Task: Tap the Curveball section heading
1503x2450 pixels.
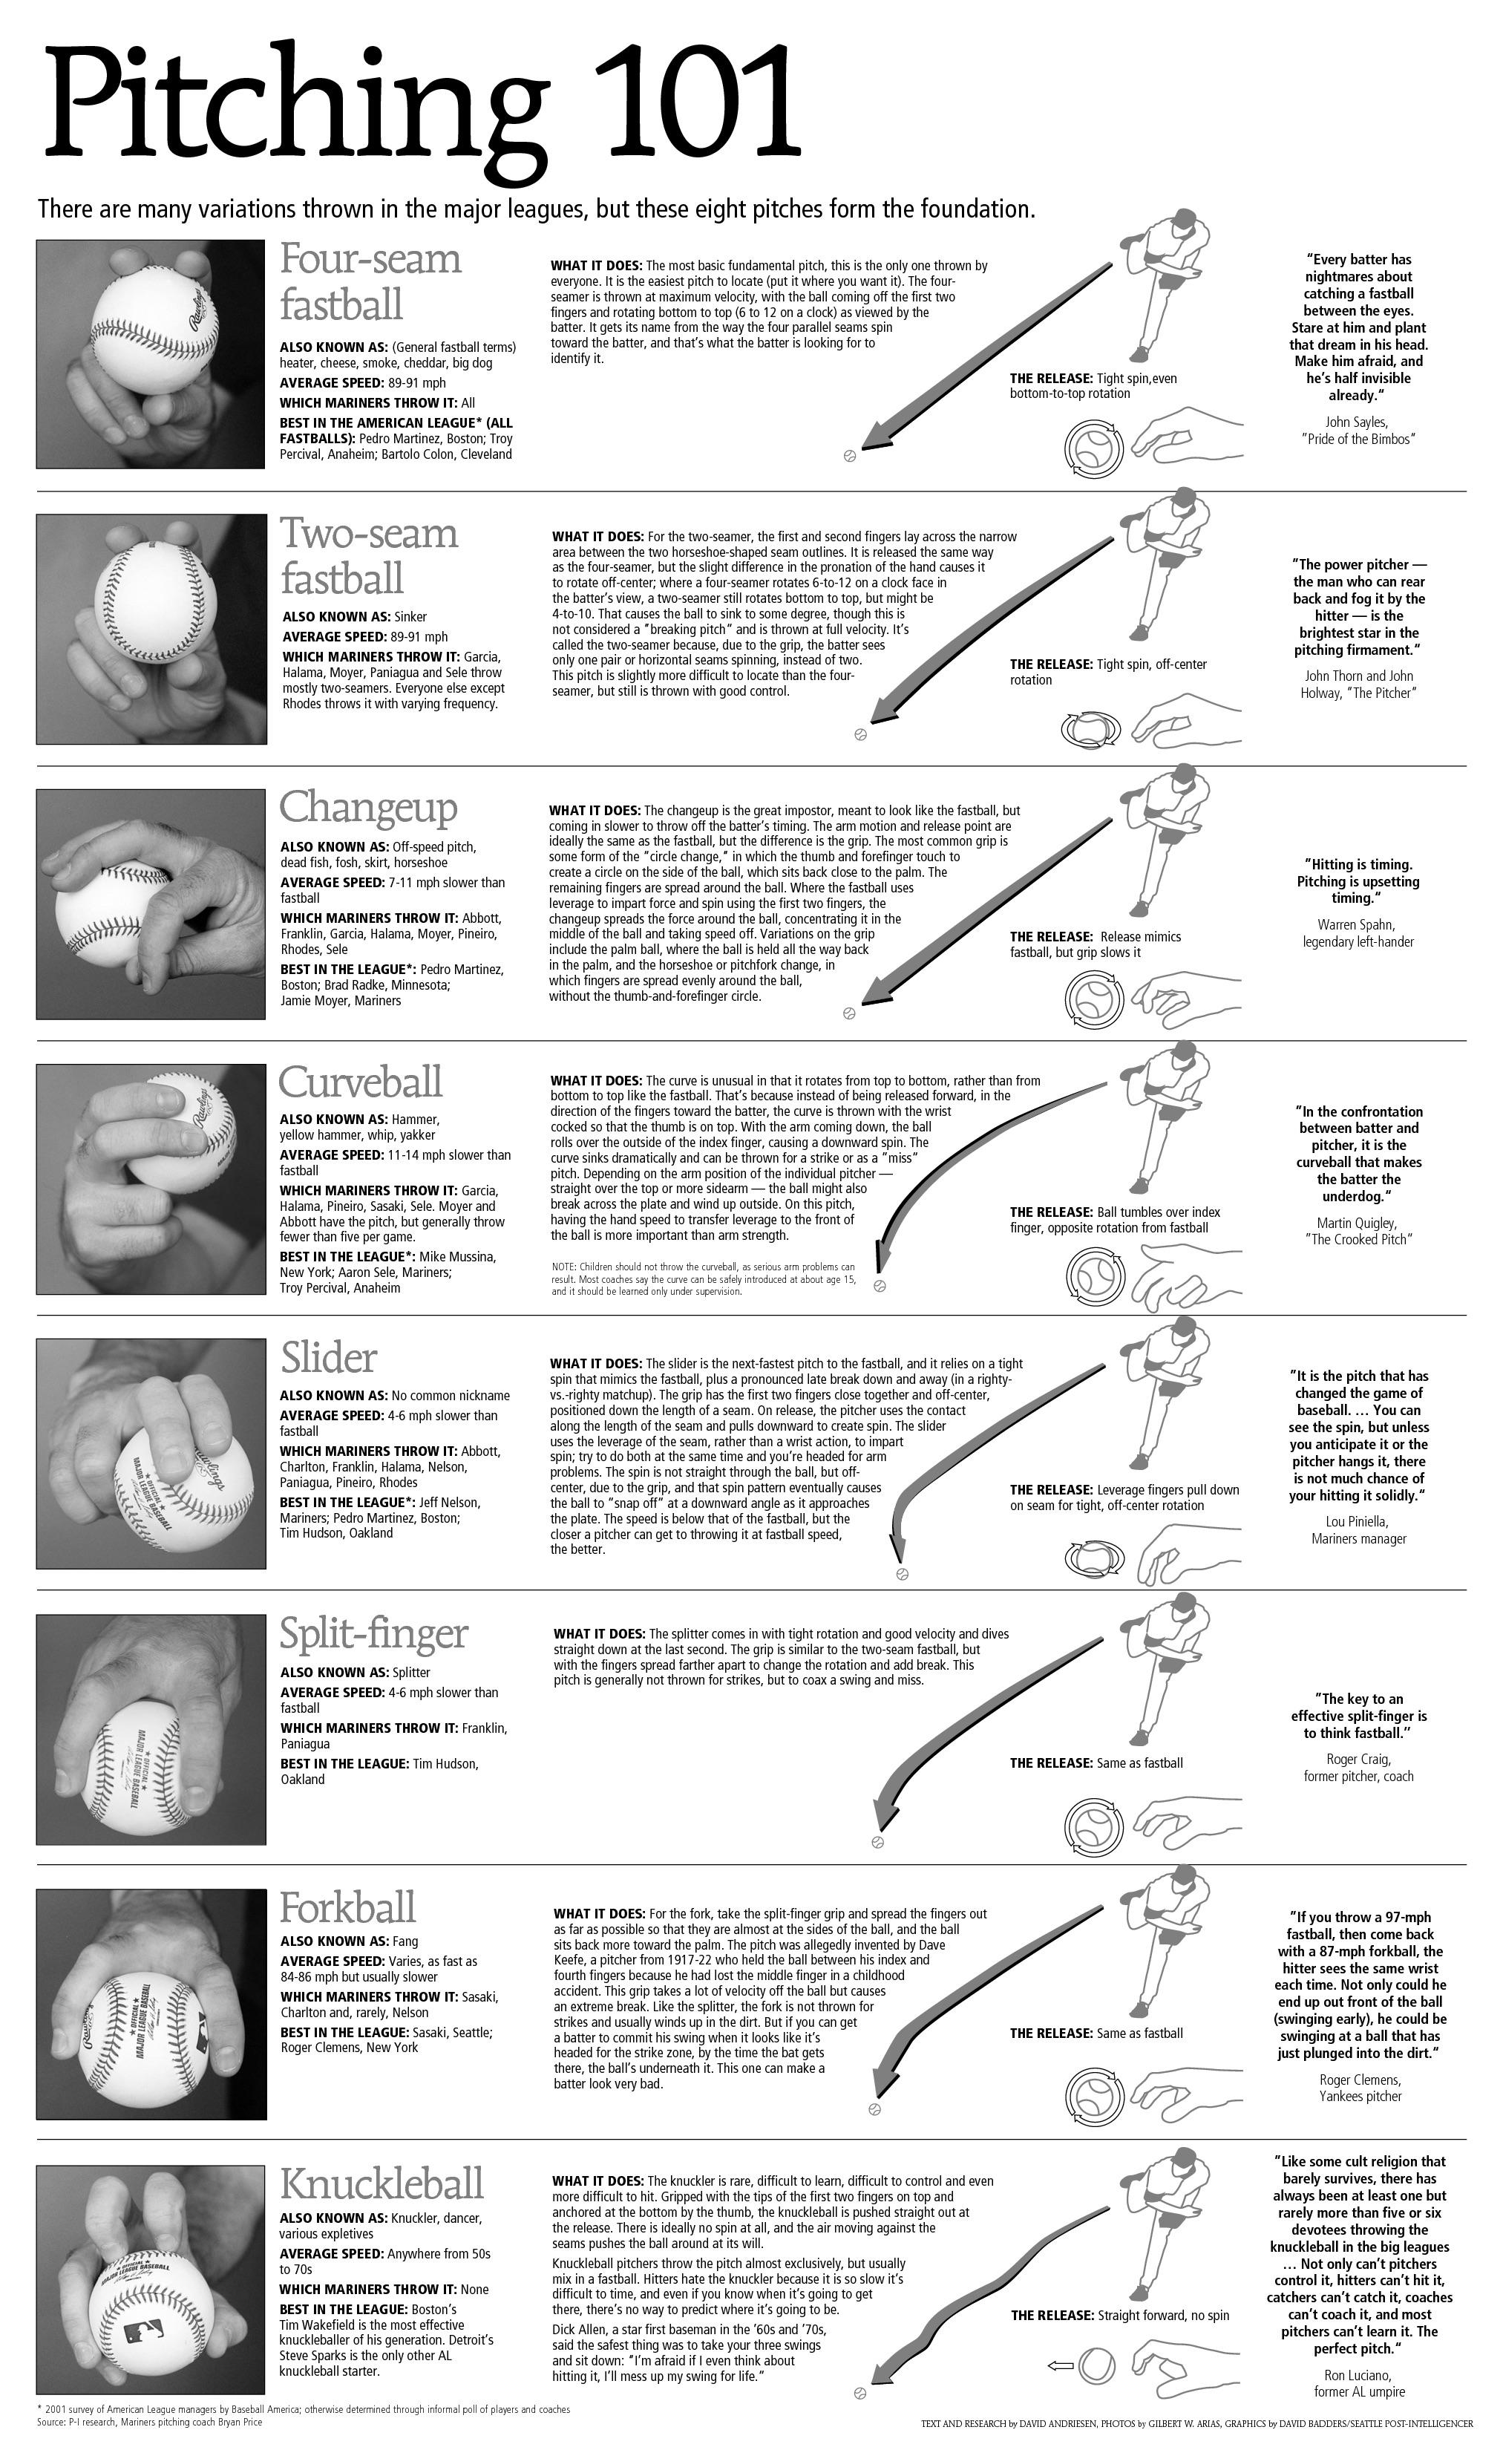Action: pyautogui.click(x=360, y=1082)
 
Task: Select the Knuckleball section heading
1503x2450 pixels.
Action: pyautogui.click(x=382, y=2183)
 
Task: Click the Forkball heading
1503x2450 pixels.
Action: pyautogui.click(x=347, y=1908)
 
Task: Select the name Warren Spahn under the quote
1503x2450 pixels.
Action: pyautogui.click(x=1357, y=925)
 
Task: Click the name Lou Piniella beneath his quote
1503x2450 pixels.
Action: pyautogui.click(x=1357, y=1521)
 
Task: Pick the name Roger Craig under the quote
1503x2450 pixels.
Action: pyautogui.click(x=1358, y=1759)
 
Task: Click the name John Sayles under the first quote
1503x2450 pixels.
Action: pyautogui.click(x=1357, y=422)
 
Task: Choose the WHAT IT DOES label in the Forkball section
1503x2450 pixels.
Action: pyautogui.click(x=598, y=1913)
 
